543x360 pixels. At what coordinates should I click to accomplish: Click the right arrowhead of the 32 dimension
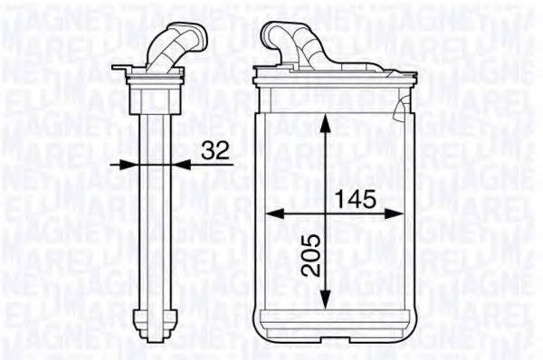(x=182, y=164)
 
